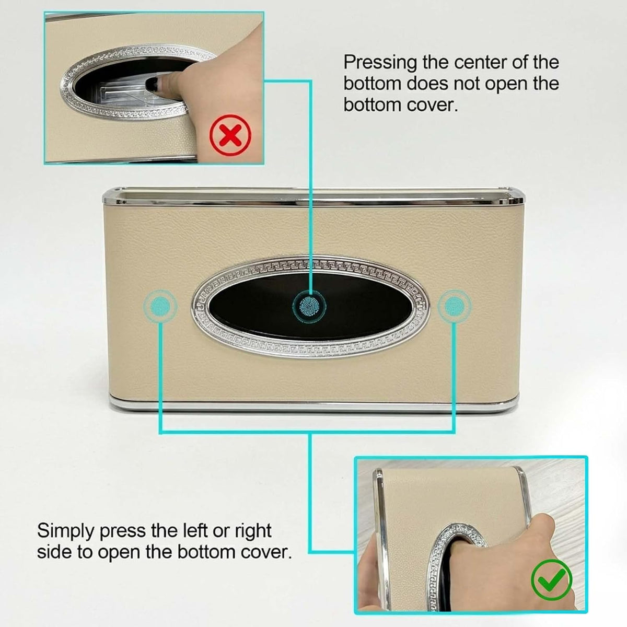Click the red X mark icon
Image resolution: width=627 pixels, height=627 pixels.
point(230,135)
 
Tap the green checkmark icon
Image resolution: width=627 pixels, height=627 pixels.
point(551,580)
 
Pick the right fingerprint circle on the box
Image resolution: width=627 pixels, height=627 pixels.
point(454,306)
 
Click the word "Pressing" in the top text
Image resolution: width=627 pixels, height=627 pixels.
point(380,63)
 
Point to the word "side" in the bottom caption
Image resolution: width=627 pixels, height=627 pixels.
point(54,552)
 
